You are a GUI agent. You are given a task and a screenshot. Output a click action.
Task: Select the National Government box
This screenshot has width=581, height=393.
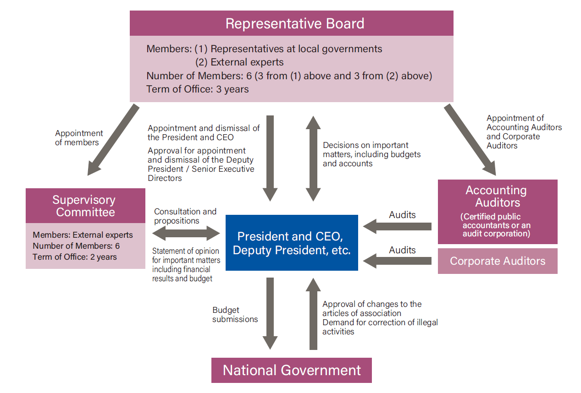[292, 370]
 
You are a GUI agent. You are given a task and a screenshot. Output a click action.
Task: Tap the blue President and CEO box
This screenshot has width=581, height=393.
[292, 243]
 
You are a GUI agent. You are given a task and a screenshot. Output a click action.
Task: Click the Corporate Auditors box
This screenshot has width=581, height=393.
[498, 261]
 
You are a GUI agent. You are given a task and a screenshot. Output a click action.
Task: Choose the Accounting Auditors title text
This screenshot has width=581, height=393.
[498, 196]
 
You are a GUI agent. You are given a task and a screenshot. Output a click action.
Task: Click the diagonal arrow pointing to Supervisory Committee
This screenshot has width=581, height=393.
[113, 140]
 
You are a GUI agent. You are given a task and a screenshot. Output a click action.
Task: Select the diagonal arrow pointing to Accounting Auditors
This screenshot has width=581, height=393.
[470, 140]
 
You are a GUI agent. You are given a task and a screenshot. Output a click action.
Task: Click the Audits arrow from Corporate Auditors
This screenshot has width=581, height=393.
[397, 261]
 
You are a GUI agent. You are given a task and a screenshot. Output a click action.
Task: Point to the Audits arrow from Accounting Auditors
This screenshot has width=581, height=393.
[397, 226]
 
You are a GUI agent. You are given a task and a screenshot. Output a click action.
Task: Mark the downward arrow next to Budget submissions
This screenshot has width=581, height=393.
[270, 313]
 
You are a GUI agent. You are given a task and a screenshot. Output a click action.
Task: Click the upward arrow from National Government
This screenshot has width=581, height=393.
[313, 313]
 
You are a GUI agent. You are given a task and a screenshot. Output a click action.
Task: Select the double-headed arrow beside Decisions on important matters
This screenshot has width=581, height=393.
[313, 158]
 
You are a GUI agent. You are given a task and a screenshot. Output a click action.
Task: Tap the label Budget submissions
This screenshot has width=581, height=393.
[235, 315]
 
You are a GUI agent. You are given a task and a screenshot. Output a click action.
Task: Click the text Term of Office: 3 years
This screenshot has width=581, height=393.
[198, 89]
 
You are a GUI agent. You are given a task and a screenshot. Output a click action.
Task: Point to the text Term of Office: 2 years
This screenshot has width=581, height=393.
[75, 257]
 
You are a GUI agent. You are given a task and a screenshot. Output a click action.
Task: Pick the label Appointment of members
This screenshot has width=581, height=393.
[79, 138]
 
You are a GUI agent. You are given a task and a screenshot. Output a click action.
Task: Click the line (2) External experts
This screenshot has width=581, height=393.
[239, 62]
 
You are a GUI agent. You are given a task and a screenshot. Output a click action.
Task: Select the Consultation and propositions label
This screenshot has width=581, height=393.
[185, 216]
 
